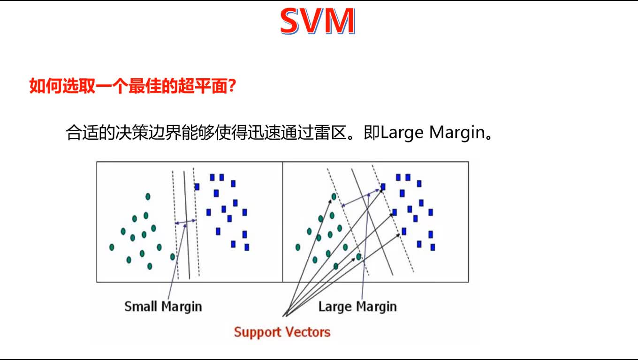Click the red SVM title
pos(318,22)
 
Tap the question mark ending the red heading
pos(231,86)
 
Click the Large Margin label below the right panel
pos(357,307)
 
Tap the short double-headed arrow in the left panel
pos(186,222)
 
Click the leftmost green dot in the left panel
pos(112,247)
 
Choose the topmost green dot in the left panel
pos(148,197)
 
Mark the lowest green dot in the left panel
pos(150,266)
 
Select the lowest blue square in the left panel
pos(247,247)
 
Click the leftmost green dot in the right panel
pos(298,247)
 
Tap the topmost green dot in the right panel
pos(334,197)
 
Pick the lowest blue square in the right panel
pos(433,247)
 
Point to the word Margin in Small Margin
pos(182,307)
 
